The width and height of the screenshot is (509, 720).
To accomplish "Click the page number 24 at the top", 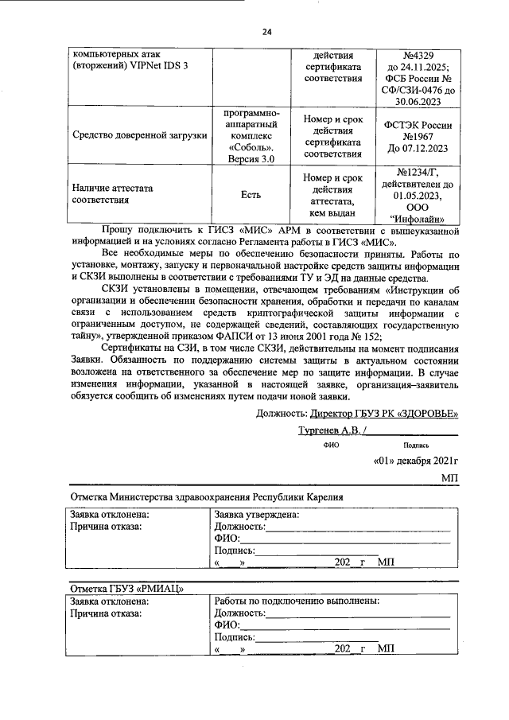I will click(266, 31).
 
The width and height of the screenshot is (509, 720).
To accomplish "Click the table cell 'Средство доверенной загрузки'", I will click(139, 135).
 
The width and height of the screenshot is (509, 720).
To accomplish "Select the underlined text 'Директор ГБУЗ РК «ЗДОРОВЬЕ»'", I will click(384, 413).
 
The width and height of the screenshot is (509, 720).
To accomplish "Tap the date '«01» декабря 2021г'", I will click(416, 461).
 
